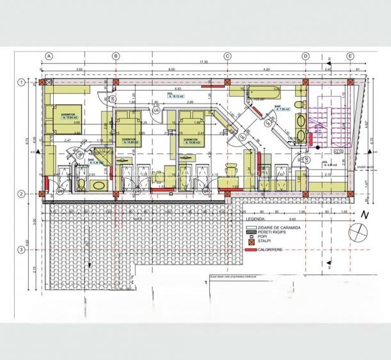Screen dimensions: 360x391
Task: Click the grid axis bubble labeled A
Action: [48, 56]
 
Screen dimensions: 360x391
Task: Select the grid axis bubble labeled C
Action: [227, 56]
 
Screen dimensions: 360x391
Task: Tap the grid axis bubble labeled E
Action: [350, 56]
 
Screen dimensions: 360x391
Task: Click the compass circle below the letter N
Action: [357, 231]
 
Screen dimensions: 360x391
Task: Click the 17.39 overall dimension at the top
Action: [203, 62]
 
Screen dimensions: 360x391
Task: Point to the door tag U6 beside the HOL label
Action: [156, 109]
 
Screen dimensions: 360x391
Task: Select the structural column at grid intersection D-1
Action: [305, 82]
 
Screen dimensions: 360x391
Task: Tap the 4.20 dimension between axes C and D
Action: [266, 69]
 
